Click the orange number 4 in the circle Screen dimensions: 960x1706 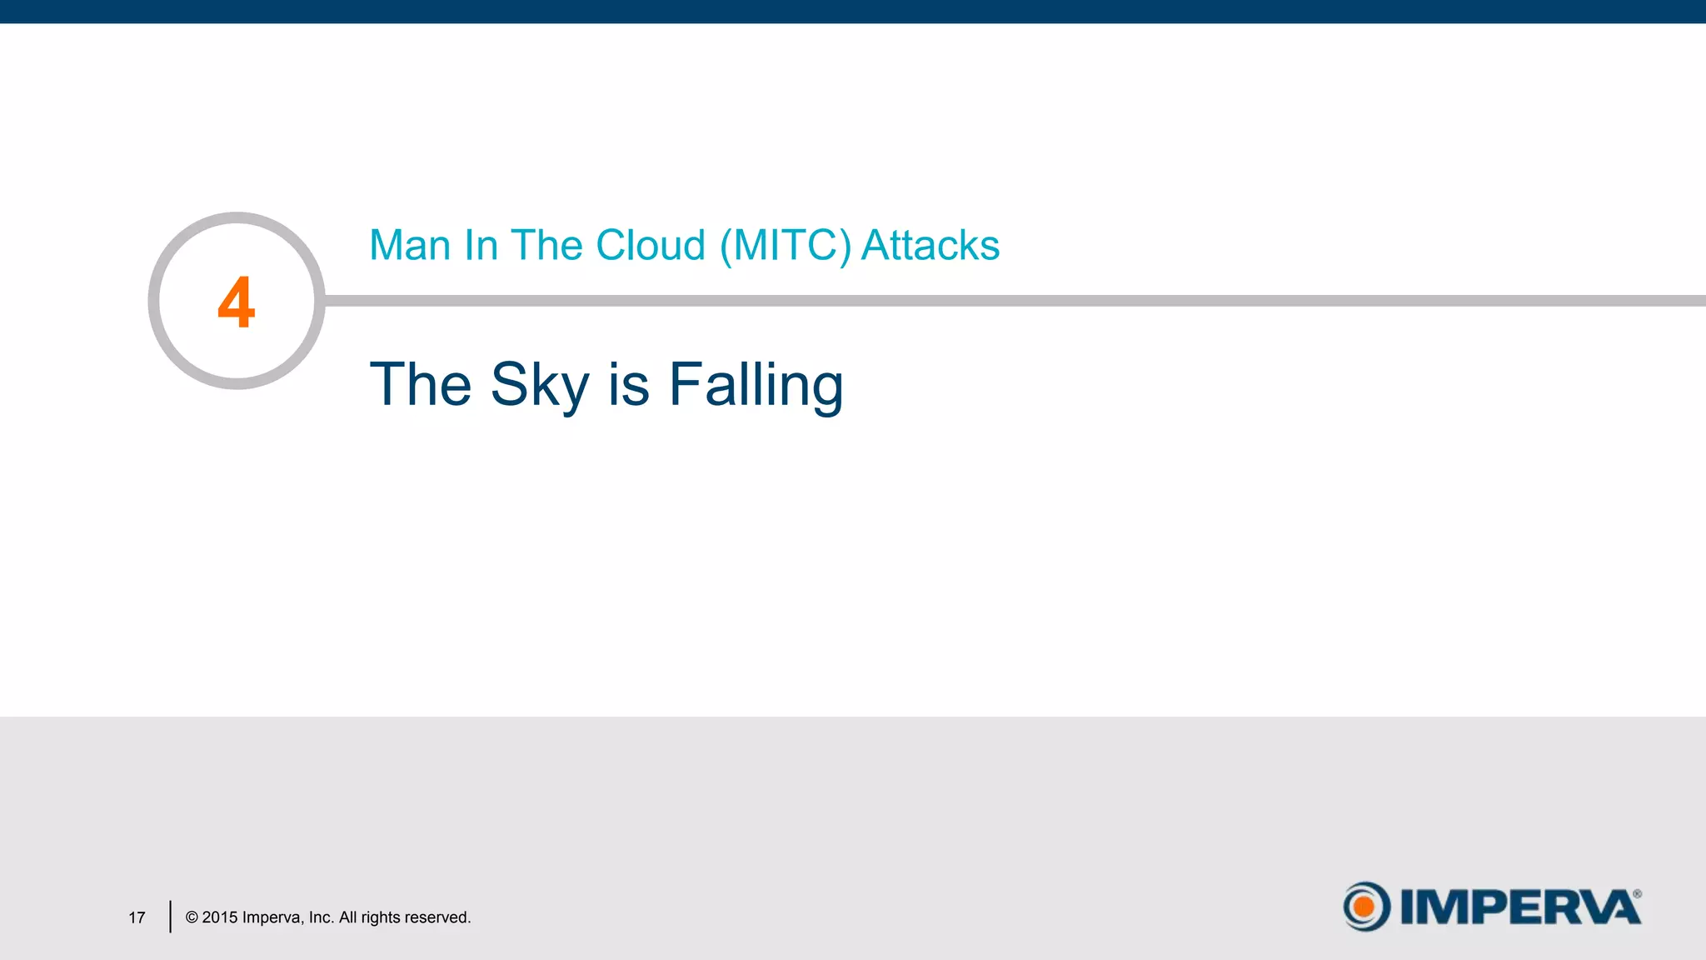point(236,302)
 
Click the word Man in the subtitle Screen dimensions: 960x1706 point(409,245)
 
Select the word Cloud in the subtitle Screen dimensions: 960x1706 point(651,245)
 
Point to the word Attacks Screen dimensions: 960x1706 point(930,245)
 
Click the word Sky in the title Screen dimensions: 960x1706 point(540,385)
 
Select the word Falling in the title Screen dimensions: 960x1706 point(756,385)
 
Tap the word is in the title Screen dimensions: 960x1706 point(629,385)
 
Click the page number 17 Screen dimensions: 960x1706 point(137,917)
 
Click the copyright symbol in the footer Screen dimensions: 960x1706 point(192,917)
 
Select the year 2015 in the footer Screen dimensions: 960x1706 point(220,917)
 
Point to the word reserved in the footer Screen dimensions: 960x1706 point(437,917)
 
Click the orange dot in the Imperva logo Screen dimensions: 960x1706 point(1364,907)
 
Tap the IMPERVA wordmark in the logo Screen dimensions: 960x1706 point(1520,907)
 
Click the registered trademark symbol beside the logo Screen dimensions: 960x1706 point(1637,894)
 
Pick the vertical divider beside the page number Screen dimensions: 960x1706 point(170,917)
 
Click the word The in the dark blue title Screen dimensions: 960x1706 point(420,385)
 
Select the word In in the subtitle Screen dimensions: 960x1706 point(481,245)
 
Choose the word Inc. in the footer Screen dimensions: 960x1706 point(321,917)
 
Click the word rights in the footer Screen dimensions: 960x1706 point(380,917)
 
